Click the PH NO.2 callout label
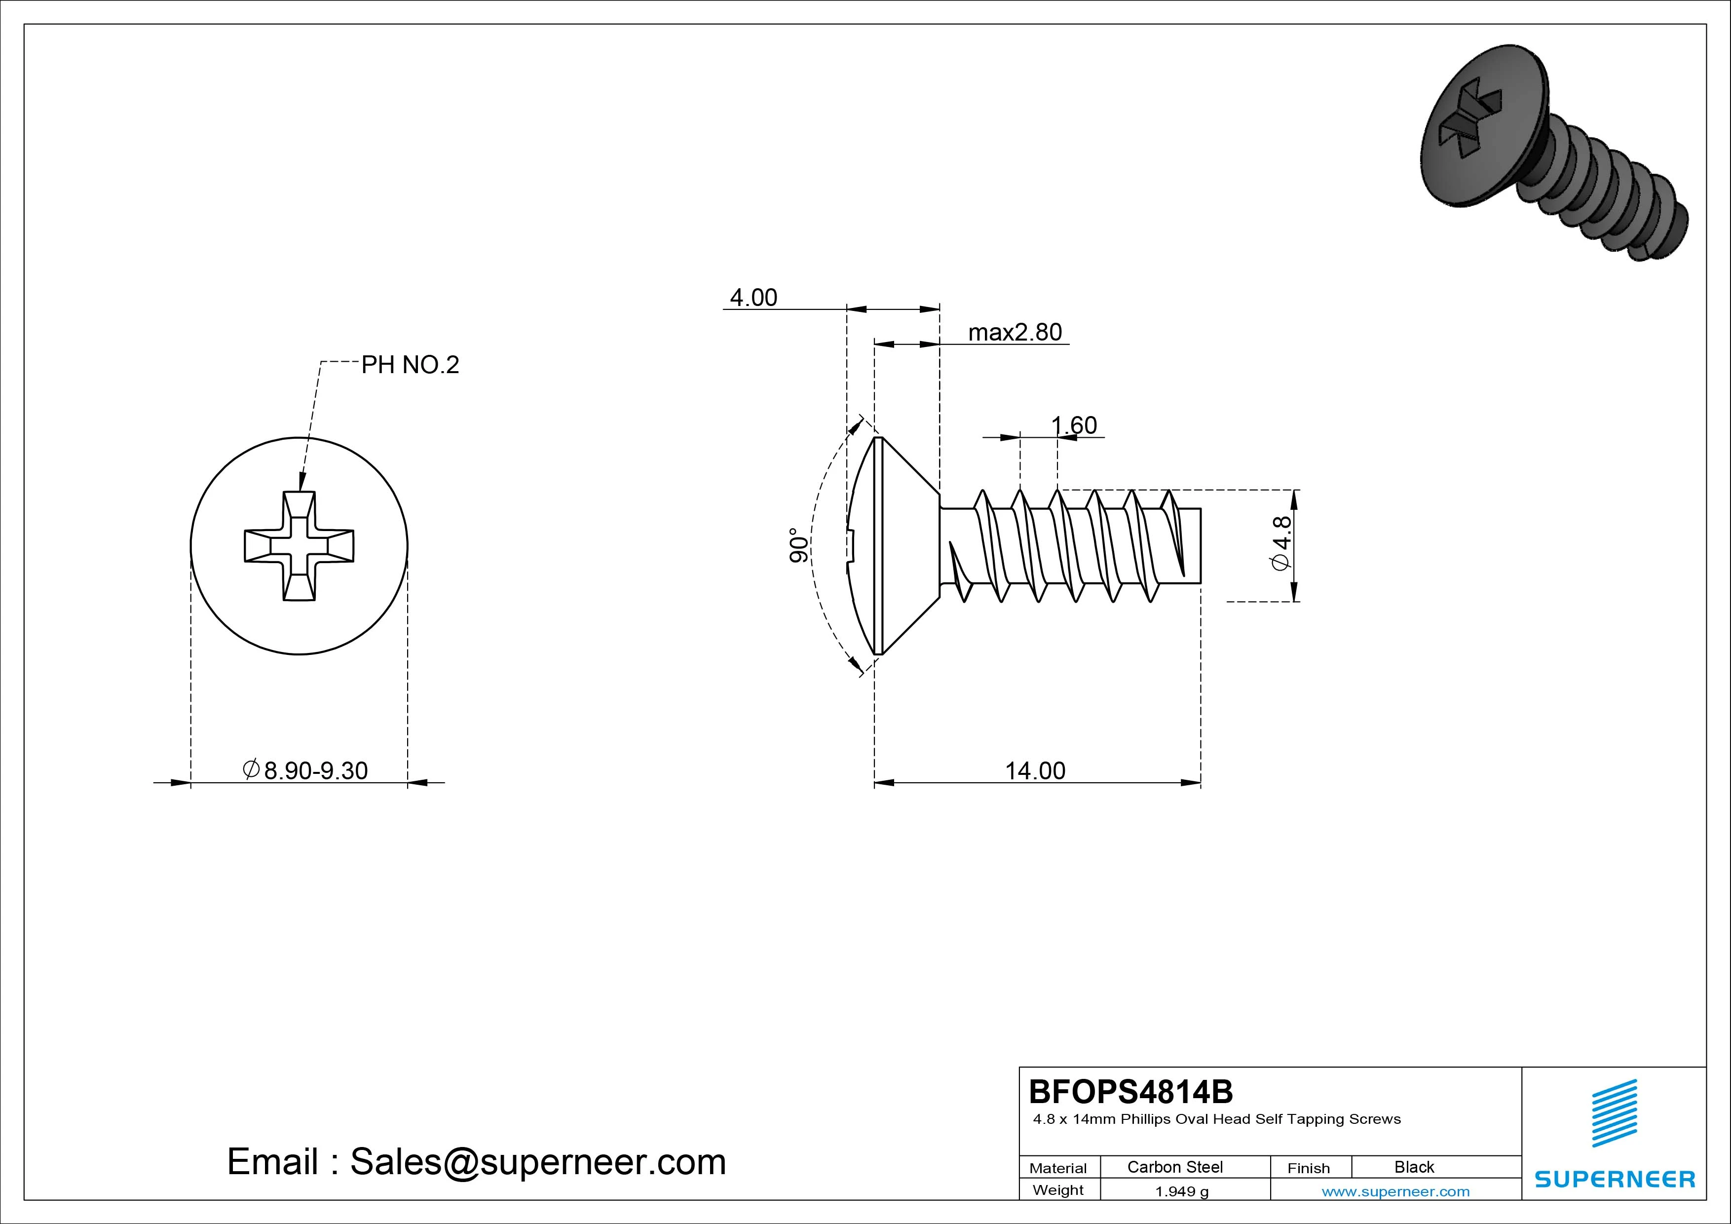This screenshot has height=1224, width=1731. tap(410, 365)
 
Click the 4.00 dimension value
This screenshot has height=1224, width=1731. tap(753, 298)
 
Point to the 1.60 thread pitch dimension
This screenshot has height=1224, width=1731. tap(1074, 425)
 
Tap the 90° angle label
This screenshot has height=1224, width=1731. tap(798, 545)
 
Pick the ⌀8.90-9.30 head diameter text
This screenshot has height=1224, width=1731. tap(305, 770)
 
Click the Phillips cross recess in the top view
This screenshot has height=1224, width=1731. tap(300, 546)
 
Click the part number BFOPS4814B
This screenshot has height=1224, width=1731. tap(1130, 1091)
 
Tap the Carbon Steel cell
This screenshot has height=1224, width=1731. tap(1174, 1167)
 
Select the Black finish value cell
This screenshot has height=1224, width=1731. tap(1414, 1167)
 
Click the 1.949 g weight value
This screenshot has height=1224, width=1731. tap(1181, 1191)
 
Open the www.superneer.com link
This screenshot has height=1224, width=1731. tap(1395, 1191)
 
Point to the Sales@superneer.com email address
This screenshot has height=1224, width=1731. tap(537, 1161)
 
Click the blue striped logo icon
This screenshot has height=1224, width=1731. tap(1614, 1113)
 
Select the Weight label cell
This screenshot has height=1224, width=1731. tap(1058, 1190)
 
